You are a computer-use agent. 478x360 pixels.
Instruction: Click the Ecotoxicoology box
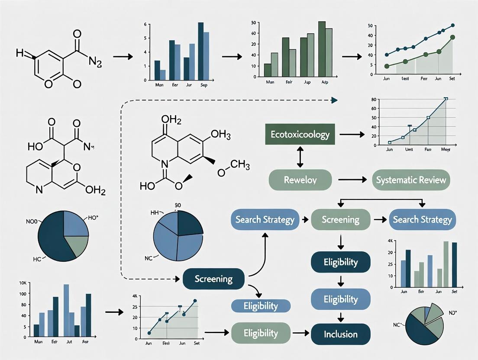point(300,134)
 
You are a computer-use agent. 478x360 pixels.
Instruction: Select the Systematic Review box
point(411,180)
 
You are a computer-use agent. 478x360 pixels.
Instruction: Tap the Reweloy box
point(300,180)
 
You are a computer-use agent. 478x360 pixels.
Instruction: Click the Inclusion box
point(341,334)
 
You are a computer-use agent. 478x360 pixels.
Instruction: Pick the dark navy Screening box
point(214,279)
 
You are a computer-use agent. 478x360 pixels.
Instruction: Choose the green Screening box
point(341,219)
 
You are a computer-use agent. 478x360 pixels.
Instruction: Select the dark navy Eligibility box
point(341,262)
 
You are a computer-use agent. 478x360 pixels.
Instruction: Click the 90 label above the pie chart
point(178,205)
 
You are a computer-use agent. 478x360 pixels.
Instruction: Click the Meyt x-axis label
point(446,150)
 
